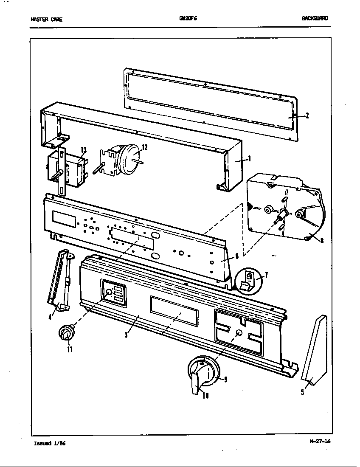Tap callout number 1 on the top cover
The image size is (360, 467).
[250, 159]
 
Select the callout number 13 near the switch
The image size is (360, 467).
[84, 149]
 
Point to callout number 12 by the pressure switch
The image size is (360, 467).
[145, 147]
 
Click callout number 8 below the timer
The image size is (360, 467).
[322, 241]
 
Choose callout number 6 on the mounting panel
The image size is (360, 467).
[237, 256]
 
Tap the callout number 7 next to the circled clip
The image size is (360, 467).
[266, 275]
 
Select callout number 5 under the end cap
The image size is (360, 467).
[303, 392]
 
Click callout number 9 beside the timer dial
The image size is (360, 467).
[225, 379]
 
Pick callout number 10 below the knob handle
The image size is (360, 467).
[205, 397]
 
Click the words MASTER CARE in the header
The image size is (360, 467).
[46, 19]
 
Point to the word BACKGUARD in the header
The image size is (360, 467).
[315, 18]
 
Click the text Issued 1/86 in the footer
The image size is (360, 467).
[50, 443]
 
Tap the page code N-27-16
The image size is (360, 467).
[320, 441]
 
